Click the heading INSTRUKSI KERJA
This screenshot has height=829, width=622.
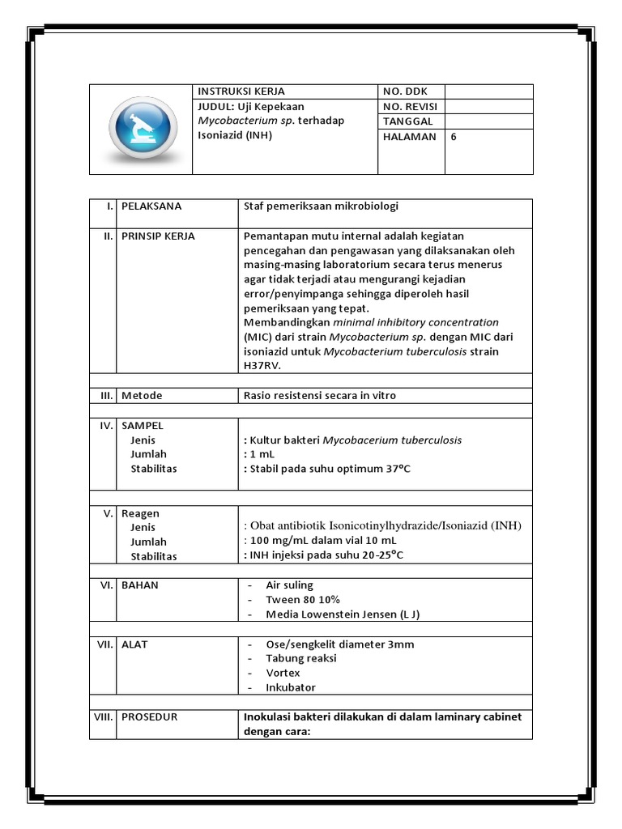point(241,91)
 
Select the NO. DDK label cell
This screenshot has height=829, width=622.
point(404,91)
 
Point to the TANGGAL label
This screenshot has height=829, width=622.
point(408,121)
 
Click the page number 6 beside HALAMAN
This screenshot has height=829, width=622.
point(454,137)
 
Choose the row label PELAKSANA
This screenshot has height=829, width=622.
point(151,206)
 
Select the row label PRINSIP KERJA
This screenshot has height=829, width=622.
point(158,236)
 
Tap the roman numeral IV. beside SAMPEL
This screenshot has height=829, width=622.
point(106,425)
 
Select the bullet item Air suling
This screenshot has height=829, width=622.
point(289,585)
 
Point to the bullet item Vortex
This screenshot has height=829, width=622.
point(283,673)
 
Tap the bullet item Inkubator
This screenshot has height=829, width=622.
point(291,687)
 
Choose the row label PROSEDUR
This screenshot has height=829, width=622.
point(149,717)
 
